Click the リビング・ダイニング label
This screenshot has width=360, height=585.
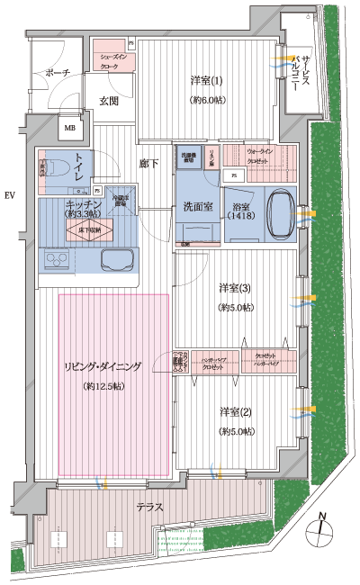pos(101,366)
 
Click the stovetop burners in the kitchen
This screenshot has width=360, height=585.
pos(56,261)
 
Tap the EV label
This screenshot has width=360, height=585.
pos(10,195)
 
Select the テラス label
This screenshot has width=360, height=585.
pos(150,507)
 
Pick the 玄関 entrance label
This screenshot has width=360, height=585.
pos(110,101)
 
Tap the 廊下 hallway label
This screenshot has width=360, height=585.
pos(148,163)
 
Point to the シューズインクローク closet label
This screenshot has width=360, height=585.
pos(112,61)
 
